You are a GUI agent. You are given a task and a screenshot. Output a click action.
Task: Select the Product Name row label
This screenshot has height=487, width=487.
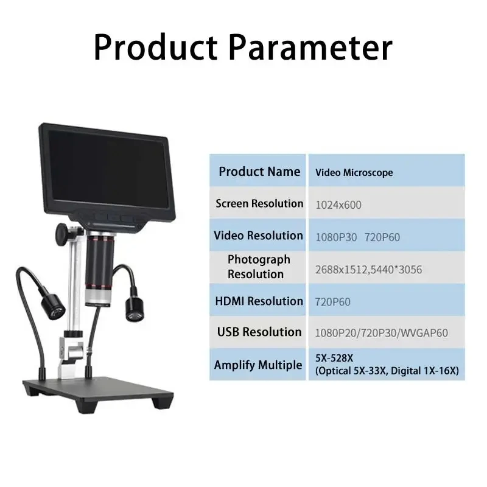click(x=259, y=172)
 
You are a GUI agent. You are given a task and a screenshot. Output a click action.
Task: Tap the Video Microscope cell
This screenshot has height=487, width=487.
click(x=354, y=172)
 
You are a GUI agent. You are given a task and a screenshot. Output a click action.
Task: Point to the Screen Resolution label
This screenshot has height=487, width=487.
click(x=259, y=203)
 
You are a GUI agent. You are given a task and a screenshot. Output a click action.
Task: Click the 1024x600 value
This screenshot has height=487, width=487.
click(x=338, y=205)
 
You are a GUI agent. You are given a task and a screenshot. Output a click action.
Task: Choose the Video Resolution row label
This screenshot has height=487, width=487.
click(x=258, y=236)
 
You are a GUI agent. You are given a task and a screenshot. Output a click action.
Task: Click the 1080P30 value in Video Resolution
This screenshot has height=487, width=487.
click(x=336, y=237)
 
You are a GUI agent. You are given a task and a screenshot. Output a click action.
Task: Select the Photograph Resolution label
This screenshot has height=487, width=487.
click(x=258, y=267)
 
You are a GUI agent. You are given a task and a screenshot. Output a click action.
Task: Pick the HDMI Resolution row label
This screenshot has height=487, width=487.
click(x=259, y=301)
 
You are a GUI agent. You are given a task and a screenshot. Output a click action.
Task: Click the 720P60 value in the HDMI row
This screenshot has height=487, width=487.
click(x=332, y=301)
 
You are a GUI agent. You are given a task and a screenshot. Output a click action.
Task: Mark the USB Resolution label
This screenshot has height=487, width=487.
click(x=259, y=332)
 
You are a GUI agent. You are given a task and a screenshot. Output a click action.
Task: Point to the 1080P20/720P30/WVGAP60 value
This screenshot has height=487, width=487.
click(x=382, y=333)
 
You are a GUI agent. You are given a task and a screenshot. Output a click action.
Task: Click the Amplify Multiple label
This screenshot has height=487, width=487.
click(x=258, y=365)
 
